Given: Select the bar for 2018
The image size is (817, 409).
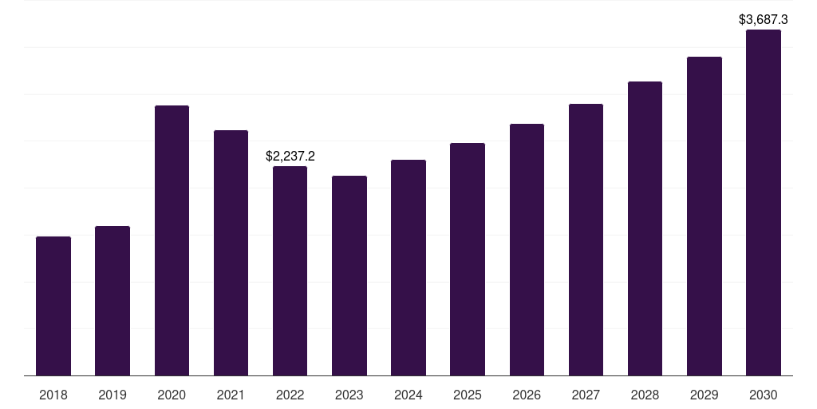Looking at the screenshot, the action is coord(53,306).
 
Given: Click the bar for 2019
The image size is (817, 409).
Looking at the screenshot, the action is coord(112,301).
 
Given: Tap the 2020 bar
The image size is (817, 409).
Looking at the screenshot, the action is coord(172,240).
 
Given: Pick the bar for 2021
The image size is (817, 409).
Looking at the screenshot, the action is coord(231,253).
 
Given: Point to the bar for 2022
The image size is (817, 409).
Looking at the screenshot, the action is coord(290,271).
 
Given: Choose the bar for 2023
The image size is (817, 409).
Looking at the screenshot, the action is coord(349,276).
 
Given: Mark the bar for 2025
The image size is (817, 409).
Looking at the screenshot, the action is coord(468,260).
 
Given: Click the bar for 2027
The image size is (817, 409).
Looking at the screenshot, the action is coord(586,240).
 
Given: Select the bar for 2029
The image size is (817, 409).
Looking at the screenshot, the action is coord(704,216).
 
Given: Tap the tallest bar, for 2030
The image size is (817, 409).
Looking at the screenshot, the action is coord(764,202).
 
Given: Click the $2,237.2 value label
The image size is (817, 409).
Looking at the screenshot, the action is coord(290,156).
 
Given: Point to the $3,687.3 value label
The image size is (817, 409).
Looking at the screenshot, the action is coord(764,20).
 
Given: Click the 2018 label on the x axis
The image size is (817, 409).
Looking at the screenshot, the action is coord(53,395).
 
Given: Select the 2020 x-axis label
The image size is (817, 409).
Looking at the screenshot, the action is coord(172,395).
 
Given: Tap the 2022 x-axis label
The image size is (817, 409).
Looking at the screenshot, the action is coord(290,395).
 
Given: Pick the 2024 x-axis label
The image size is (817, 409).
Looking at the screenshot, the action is coord(408,395).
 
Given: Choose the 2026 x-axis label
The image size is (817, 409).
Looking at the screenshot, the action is coord(527,395).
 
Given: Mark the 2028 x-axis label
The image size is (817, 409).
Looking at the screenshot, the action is coord(645,395).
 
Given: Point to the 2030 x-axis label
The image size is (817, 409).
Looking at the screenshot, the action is coord(764,395).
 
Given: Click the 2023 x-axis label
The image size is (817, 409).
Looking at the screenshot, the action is coord(349,395).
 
